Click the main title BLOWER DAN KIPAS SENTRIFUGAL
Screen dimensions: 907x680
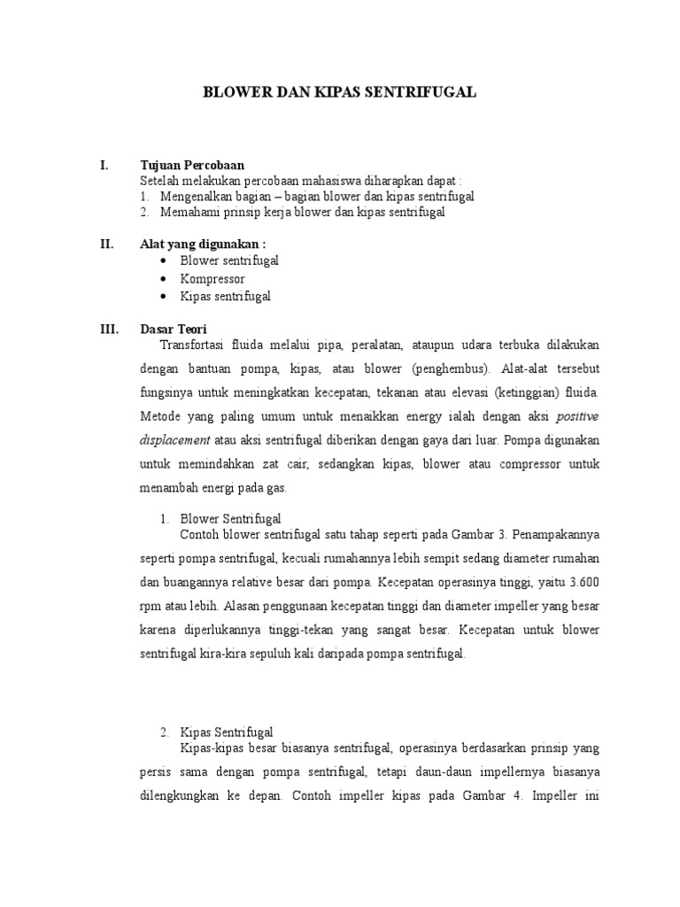[x=340, y=92]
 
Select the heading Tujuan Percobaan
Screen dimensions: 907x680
[x=192, y=165]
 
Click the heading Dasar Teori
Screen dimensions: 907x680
[x=174, y=329]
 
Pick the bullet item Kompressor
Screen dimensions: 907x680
[x=212, y=279]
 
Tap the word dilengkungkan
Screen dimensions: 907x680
[x=180, y=795]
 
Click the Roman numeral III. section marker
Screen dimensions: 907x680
[x=109, y=329]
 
